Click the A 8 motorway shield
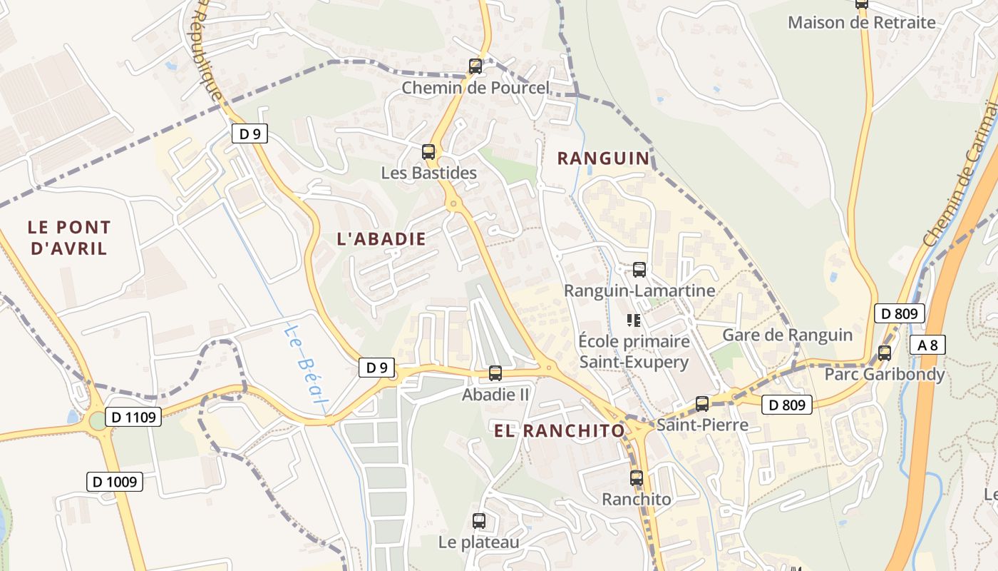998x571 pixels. tap(927, 345)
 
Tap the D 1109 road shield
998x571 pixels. tap(133, 417)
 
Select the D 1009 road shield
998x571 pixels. tap(115, 482)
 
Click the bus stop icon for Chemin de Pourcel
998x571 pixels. tap(475, 66)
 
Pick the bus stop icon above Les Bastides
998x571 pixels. tap(428, 151)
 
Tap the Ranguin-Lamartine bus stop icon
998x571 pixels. tap(639, 270)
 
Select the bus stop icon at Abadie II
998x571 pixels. tap(495, 373)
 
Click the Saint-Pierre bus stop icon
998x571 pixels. tap(702, 404)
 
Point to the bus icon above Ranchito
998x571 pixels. tap(637, 478)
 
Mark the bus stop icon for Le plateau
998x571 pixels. tap(479, 521)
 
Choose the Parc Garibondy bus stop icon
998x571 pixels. tap(885, 353)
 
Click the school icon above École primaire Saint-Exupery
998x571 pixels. tap(633, 320)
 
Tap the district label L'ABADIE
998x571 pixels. tap(381, 239)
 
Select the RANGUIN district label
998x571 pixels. tap(604, 158)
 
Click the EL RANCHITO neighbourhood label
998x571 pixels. tap(560, 430)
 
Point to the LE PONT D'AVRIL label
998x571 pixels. tap(69, 238)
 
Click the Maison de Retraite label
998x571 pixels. tap(861, 22)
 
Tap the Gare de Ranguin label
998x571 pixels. tap(787, 335)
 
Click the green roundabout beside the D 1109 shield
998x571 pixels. tap(98, 421)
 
